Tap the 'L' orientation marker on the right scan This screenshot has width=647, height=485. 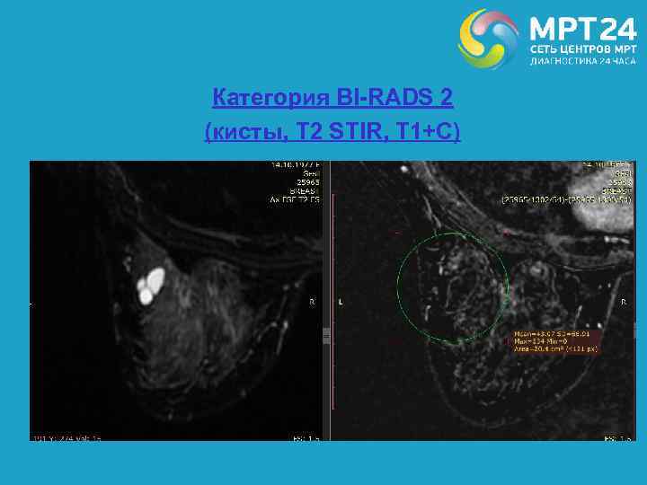point(341,303)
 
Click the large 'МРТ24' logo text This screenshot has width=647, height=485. point(581,27)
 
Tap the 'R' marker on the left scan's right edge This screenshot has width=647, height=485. point(312,303)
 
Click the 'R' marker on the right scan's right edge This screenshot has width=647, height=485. point(622,303)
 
